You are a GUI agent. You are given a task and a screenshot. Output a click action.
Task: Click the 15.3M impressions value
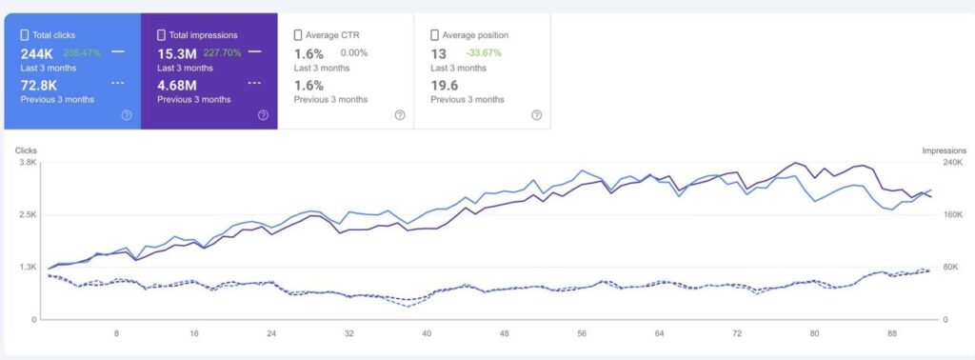[x=177, y=53]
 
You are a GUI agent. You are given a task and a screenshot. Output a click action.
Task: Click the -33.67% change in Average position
[x=484, y=53]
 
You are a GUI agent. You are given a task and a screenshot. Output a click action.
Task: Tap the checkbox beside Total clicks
[x=25, y=35]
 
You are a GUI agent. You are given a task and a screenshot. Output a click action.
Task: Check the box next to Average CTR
[x=298, y=35]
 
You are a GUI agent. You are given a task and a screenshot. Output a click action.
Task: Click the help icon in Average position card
[x=536, y=115]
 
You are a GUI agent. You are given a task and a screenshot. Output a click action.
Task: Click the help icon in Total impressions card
[x=263, y=115]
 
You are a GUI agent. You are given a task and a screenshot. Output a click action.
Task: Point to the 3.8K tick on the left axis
[x=27, y=163]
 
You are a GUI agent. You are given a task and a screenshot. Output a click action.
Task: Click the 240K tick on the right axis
[x=952, y=163]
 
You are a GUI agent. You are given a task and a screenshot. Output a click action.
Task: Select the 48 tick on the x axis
[x=505, y=334]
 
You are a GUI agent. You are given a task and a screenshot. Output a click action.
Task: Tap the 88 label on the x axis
[x=892, y=334]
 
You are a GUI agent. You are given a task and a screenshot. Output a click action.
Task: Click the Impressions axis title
[x=944, y=150]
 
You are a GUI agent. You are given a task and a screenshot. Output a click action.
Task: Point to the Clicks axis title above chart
[x=26, y=150]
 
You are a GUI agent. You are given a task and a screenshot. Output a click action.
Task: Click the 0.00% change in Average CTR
[x=354, y=53]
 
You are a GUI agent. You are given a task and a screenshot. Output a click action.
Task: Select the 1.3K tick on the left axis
[x=27, y=268]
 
